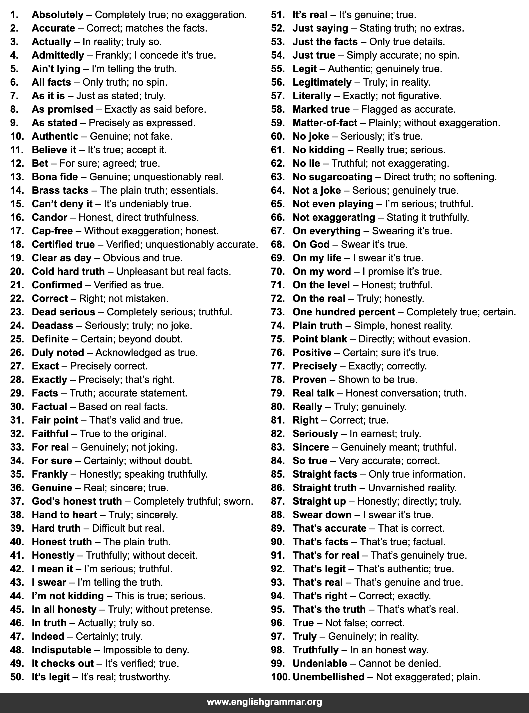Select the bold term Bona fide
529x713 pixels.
click(x=55, y=177)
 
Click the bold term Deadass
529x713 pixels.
click(x=53, y=326)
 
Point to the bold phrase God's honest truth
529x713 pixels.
click(x=77, y=501)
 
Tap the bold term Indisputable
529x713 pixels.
click(x=62, y=650)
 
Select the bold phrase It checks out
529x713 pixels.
click(x=63, y=663)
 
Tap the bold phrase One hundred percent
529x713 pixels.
click(x=344, y=312)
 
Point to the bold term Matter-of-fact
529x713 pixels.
click(x=325, y=123)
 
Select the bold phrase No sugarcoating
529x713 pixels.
click(x=332, y=177)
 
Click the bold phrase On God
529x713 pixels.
click(x=311, y=244)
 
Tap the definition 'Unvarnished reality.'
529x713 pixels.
click(x=412, y=488)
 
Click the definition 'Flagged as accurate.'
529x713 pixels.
click(x=408, y=109)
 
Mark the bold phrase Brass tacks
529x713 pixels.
click(x=60, y=190)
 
